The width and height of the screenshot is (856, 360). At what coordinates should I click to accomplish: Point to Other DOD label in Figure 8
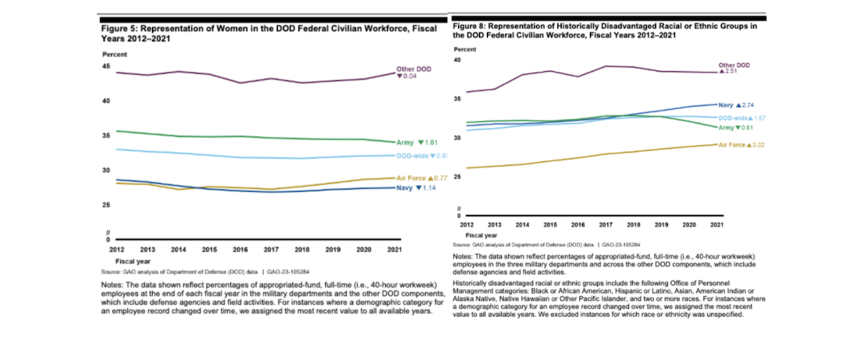point(734,65)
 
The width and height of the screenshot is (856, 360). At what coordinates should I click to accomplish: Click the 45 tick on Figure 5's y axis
point(106,66)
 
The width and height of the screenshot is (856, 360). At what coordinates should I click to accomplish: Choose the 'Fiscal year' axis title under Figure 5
point(131,261)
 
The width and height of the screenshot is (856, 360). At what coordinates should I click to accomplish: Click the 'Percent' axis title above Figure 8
point(466,49)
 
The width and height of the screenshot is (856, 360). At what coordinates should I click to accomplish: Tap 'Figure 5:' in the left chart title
point(117,30)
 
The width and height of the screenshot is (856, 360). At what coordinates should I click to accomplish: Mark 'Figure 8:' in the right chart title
point(469,26)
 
